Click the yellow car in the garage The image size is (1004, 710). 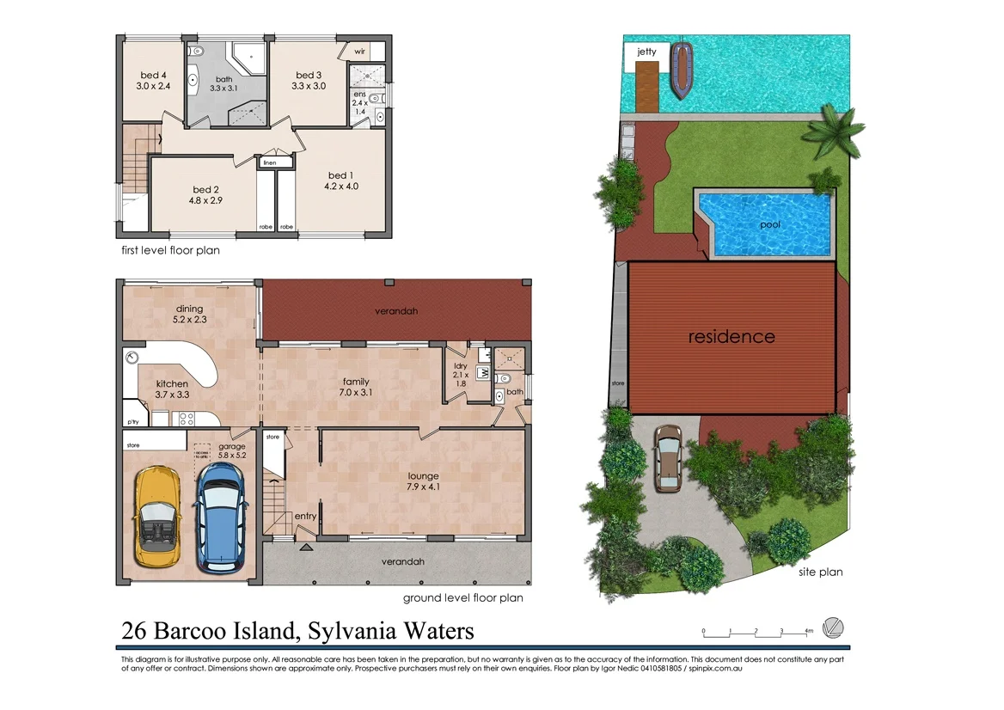(156, 518)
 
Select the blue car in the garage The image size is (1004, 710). (218, 517)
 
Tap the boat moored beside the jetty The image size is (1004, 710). (683, 70)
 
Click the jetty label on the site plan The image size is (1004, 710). (646, 52)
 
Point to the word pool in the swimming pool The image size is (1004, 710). (770, 225)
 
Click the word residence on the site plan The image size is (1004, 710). (732, 337)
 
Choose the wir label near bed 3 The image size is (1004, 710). (359, 52)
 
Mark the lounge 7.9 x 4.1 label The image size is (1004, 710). (424, 481)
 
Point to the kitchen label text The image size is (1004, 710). (172, 384)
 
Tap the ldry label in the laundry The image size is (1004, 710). (460, 366)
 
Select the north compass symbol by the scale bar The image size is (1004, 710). (833, 627)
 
